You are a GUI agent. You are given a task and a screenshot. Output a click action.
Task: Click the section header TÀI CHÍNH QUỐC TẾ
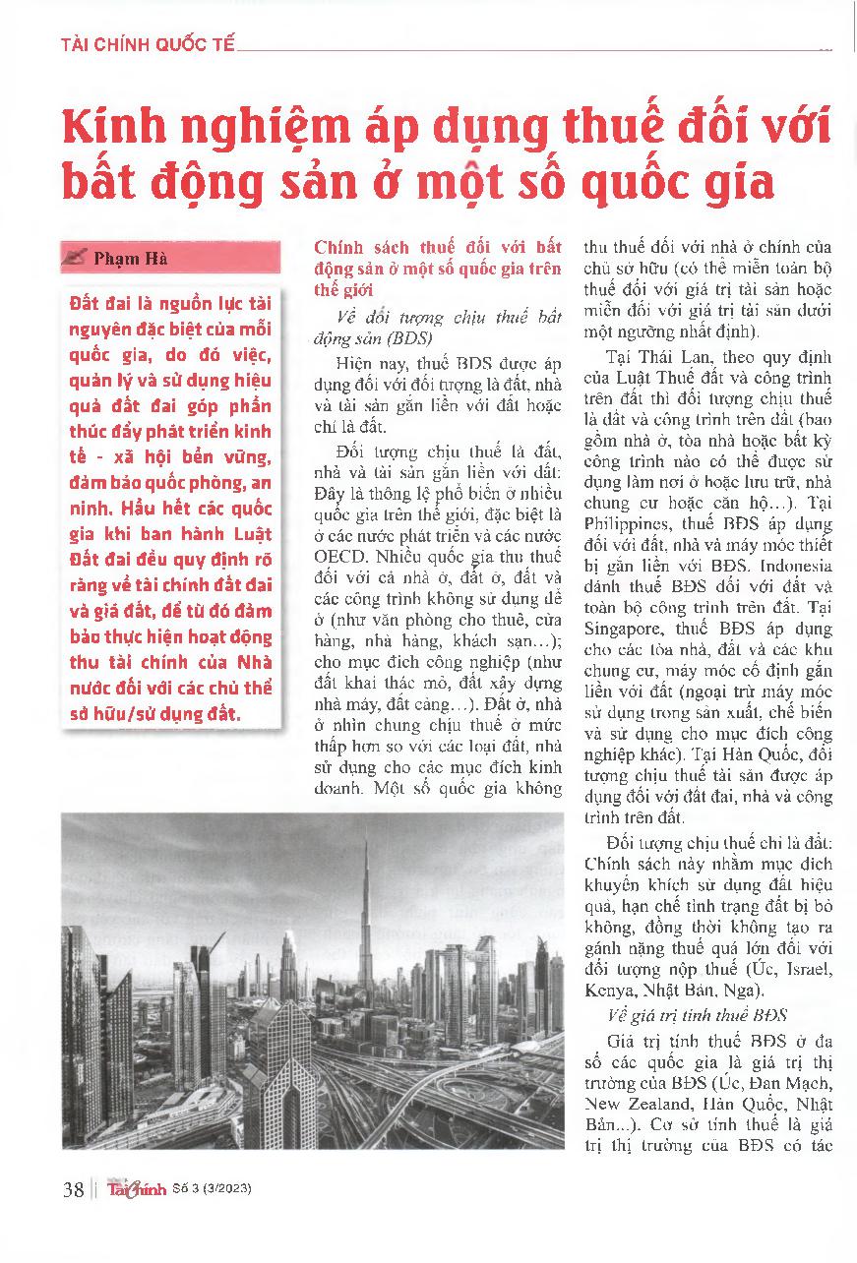pos(148,45)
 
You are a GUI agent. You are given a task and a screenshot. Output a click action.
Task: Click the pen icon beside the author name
pos(74,260)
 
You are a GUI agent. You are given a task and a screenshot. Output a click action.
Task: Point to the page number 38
pos(73,1189)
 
